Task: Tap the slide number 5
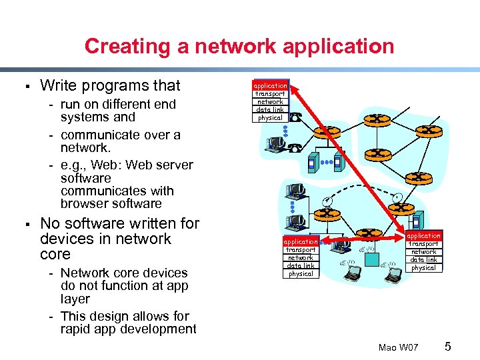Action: click(448, 347)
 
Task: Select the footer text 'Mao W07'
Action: click(398, 348)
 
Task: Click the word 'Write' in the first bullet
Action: click(57, 85)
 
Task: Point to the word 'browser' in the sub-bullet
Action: click(83, 203)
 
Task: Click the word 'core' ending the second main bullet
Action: click(55, 255)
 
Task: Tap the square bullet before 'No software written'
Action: click(23, 223)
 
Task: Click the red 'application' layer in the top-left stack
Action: click(270, 85)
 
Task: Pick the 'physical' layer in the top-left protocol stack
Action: click(270, 118)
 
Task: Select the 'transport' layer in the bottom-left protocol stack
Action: click(301, 249)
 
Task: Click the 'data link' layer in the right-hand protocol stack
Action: click(423, 260)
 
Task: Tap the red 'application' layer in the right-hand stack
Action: click(423, 235)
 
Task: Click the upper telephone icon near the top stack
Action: click(295, 117)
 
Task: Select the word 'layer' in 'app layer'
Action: click(75, 299)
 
